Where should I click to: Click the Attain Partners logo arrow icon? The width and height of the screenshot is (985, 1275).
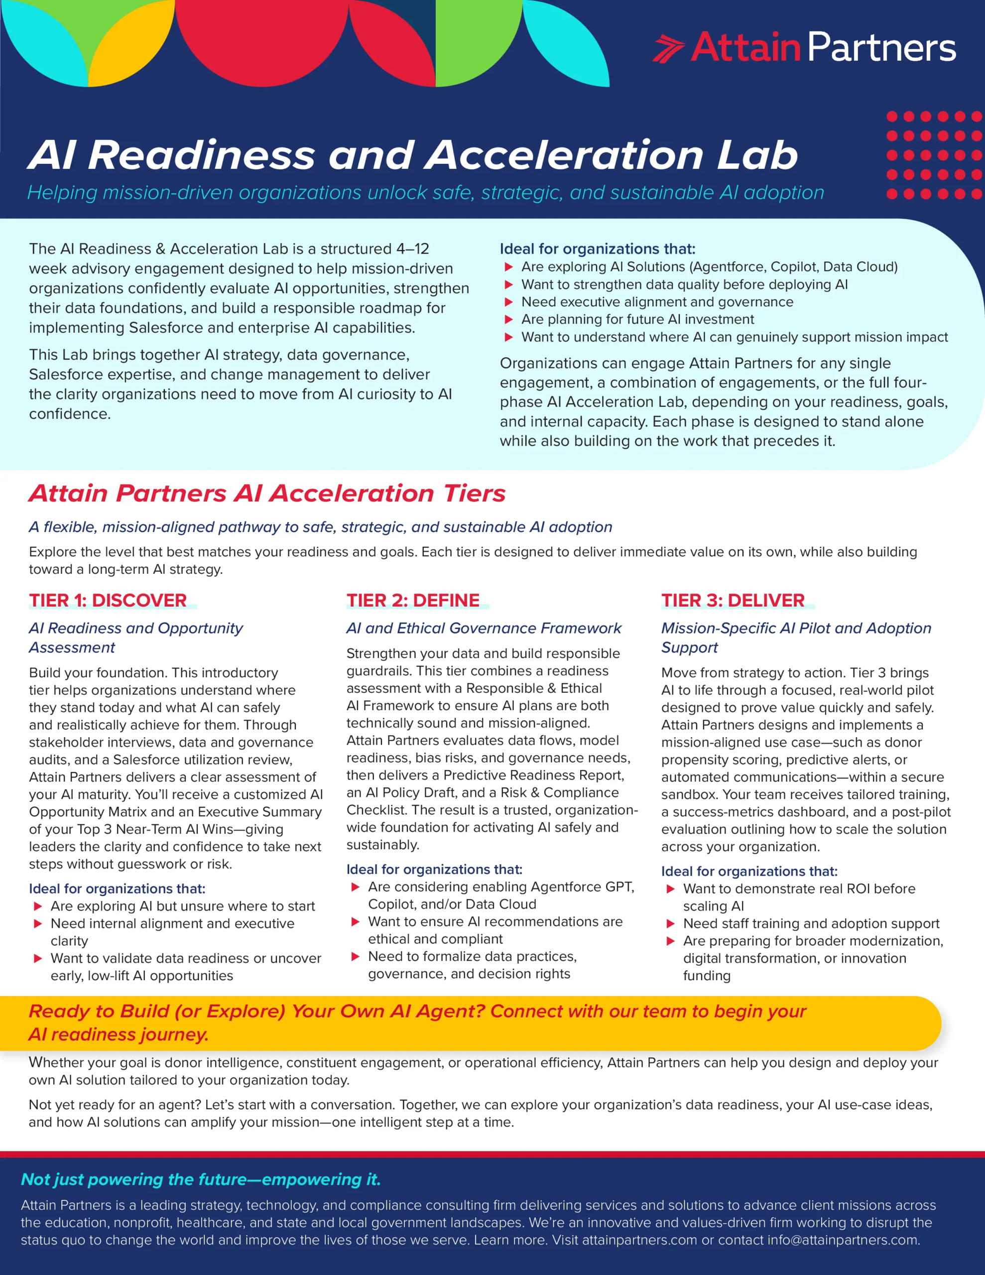(668, 48)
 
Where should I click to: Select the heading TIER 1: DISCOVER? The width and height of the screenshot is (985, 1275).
(108, 600)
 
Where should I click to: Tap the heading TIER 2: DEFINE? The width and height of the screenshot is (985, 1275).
(413, 600)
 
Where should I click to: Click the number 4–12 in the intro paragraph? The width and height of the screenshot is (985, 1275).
(412, 249)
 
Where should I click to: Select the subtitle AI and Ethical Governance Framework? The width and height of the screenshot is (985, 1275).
(484, 628)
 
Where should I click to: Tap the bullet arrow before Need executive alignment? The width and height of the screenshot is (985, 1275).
(508, 302)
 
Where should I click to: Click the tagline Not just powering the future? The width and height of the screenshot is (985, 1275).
(200, 1179)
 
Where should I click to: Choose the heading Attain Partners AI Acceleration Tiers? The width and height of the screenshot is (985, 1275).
(267, 493)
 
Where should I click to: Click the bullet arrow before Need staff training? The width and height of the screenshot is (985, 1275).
(671, 923)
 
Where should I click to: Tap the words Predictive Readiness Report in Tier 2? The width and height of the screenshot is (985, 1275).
(533, 775)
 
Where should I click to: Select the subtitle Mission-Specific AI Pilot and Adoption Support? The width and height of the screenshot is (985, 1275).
(796, 637)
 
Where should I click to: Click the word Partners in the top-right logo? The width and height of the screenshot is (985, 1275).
(881, 47)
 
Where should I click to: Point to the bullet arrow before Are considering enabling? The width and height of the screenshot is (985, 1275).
(355, 887)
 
